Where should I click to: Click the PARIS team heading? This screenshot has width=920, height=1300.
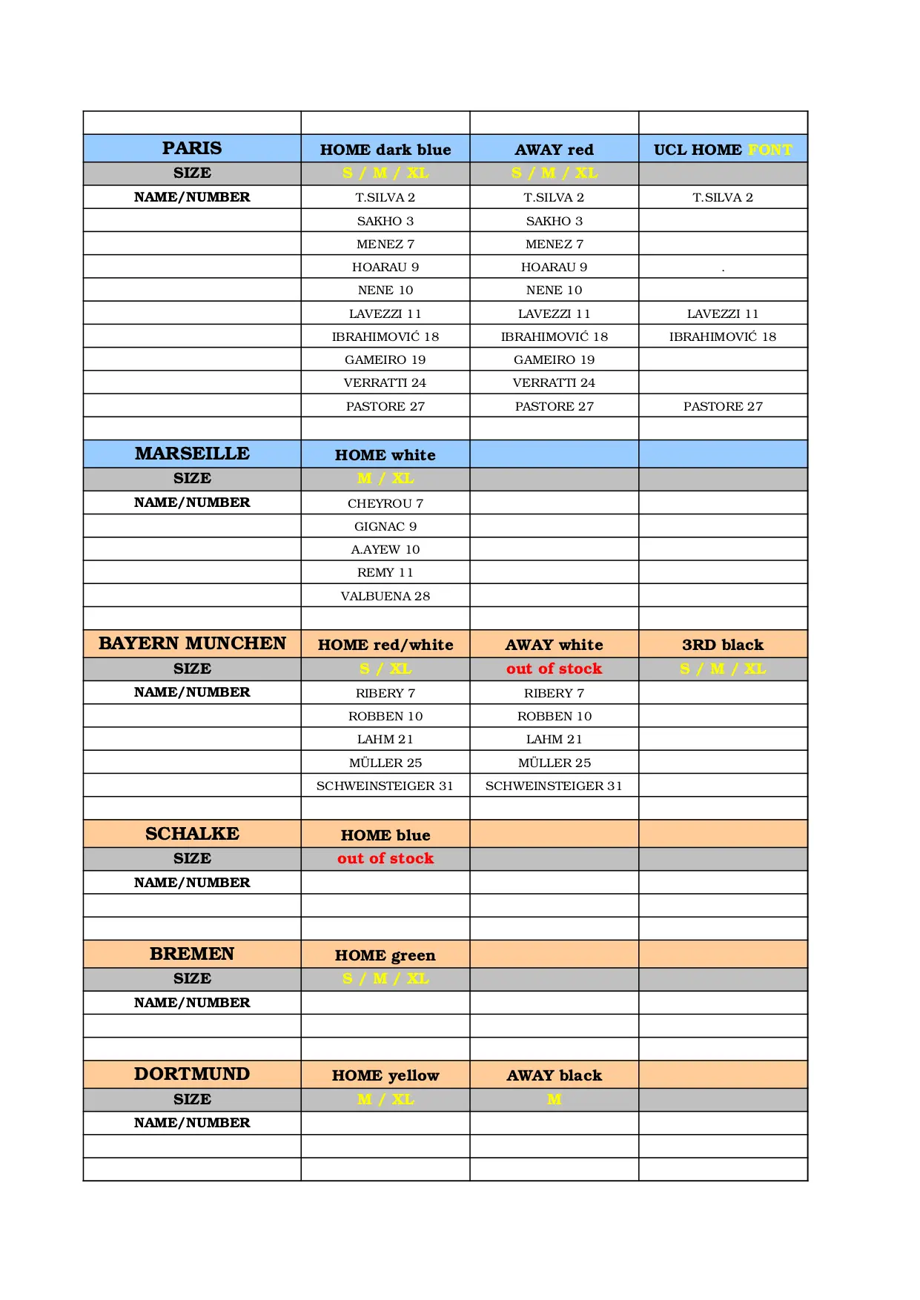tap(192, 148)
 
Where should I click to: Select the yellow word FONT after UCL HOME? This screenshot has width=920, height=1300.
tap(770, 150)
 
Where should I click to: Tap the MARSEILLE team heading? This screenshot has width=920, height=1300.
tap(192, 454)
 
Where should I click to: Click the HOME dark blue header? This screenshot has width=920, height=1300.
tap(385, 150)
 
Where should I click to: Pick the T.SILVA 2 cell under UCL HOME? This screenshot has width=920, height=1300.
tap(723, 197)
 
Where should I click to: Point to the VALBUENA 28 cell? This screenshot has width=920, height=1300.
tap(385, 596)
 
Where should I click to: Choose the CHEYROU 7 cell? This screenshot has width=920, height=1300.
tap(385, 503)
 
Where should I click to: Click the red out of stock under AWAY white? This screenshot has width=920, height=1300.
tap(555, 669)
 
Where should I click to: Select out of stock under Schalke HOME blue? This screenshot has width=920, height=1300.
tap(385, 858)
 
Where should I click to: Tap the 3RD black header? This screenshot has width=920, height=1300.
tap(723, 645)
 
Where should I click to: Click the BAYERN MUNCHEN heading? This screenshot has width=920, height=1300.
tap(192, 643)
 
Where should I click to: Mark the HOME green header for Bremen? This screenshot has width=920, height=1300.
tap(385, 955)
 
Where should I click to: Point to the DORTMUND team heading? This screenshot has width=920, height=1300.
tap(192, 1074)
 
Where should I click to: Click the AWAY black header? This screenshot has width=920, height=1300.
tap(555, 1075)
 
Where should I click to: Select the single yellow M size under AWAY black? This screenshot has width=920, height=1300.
tap(555, 1099)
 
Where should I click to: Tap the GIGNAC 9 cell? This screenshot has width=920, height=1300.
tap(385, 526)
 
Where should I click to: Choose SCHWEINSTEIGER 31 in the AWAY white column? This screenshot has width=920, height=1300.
tap(555, 786)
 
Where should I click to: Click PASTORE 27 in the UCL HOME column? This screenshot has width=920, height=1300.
tap(723, 406)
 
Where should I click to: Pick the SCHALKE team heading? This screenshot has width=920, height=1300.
tap(192, 834)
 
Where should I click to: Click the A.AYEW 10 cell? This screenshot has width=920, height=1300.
tap(385, 549)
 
